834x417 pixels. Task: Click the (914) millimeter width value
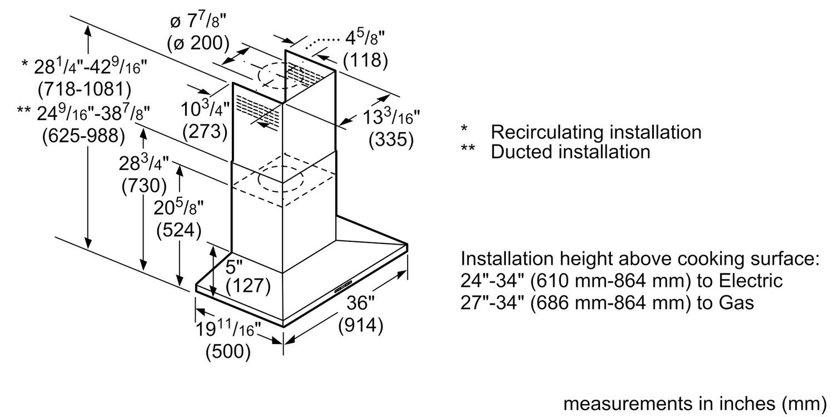(x=361, y=325)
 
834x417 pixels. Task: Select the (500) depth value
(x=227, y=351)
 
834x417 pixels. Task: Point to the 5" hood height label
(x=234, y=267)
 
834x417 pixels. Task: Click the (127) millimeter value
(x=248, y=286)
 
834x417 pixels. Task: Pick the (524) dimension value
(x=178, y=230)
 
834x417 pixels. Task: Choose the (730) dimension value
(x=144, y=185)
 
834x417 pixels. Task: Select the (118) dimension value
(x=365, y=60)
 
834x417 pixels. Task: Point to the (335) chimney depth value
(x=391, y=140)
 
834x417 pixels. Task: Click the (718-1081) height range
(x=84, y=88)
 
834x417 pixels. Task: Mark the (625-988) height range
(x=84, y=135)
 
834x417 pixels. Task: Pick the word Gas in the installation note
(x=736, y=302)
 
